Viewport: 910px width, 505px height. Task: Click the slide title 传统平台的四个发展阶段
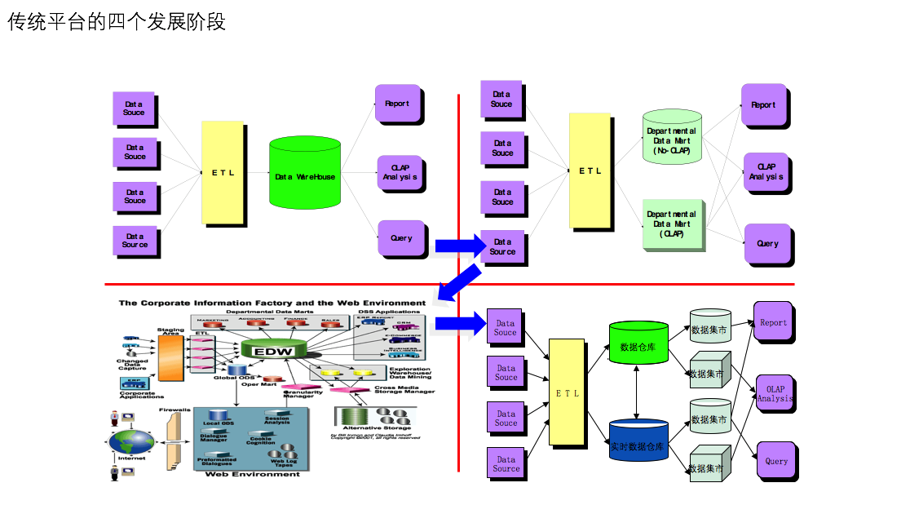tap(117, 23)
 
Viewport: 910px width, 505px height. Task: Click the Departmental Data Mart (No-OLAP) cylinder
tap(672, 138)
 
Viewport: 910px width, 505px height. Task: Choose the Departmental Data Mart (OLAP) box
tap(672, 223)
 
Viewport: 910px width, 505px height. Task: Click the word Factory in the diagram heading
tap(274, 303)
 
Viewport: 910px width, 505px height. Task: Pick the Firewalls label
tap(174, 410)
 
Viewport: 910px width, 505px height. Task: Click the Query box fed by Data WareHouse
tap(400, 238)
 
